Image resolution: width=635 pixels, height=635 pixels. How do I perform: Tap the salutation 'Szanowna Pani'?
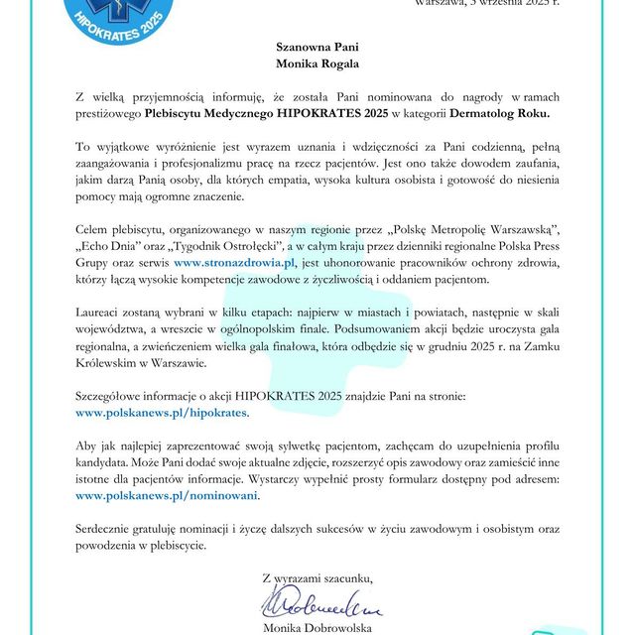coord(317,46)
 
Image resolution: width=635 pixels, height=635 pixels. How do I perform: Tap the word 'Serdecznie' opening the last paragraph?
coord(107,528)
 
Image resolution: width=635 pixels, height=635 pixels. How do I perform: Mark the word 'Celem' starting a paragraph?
coord(93,227)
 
